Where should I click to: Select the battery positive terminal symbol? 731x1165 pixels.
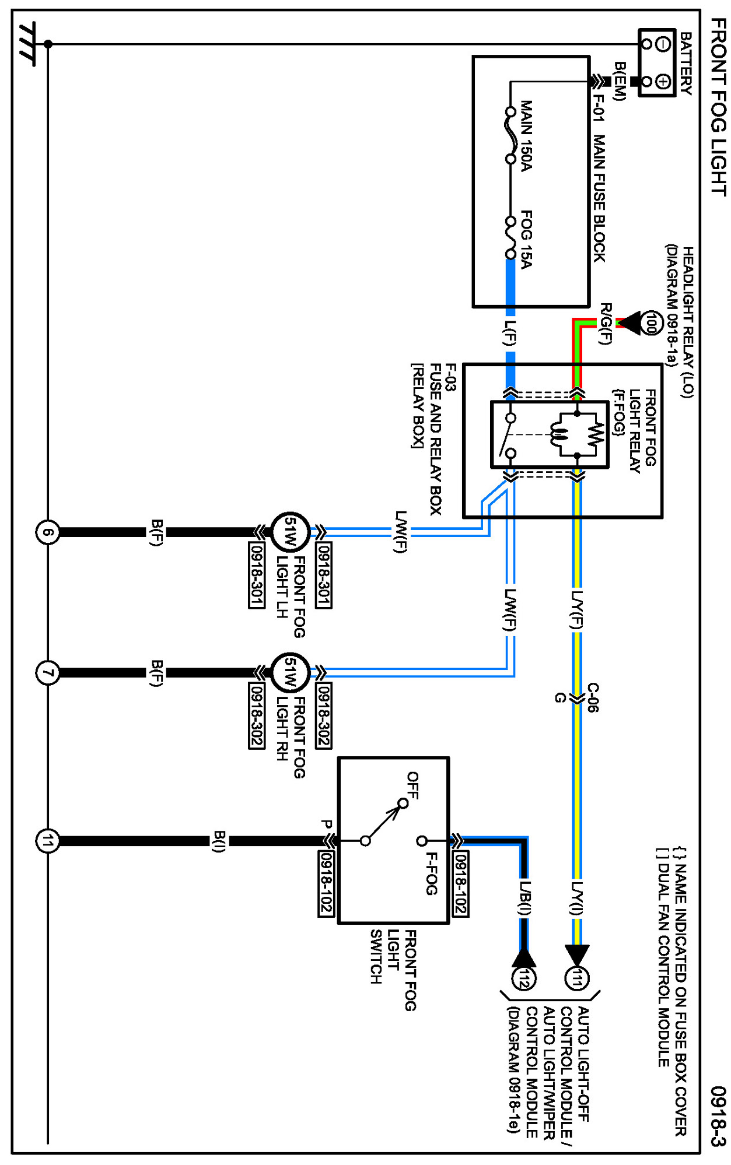click(x=663, y=81)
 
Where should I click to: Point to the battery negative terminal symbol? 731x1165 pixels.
click(x=663, y=44)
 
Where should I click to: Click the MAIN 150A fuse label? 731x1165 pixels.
click(x=526, y=136)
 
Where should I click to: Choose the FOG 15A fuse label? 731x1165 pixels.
click(x=526, y=239)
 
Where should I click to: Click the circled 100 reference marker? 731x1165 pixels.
click(x=652, y=322)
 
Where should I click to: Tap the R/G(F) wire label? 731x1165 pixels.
click(x=607, y=324)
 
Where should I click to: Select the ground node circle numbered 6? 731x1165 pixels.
click(x=48, y=532)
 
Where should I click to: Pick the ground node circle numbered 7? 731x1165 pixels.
click(x=48, y=673)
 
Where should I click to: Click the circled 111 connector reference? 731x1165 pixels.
click(x=577, y=978)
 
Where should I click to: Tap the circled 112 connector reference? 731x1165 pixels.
click(x=523, y=978)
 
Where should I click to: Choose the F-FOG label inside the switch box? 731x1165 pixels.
click(x=431, y=873)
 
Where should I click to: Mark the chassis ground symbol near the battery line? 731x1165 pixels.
click(x=27, y=44)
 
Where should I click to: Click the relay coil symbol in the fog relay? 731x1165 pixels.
click(x=559, y=434)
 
